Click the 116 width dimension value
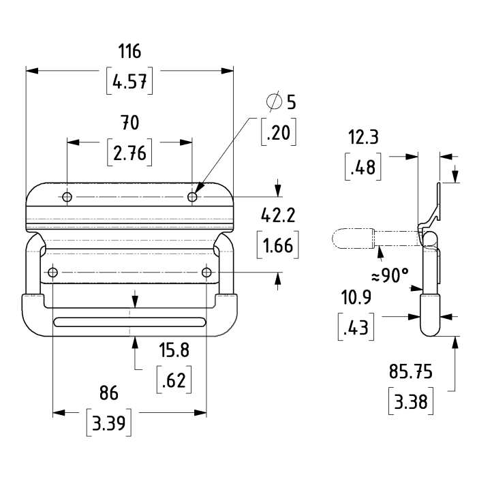[129, 52]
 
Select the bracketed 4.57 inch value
[129, 82]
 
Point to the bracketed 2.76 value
[129, 153]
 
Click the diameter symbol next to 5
[273, 102]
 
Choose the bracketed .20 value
[279, 133]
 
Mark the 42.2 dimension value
[278, 216]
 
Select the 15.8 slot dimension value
[173, 352]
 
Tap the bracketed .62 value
[173, 380]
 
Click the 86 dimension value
[109, 393]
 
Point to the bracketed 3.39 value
[109, 423]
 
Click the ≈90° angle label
[390, 276]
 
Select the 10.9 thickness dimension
[354, 300]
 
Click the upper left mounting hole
[67, 197]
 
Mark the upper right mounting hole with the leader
[193, 197]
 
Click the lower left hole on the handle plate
[52, 273]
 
